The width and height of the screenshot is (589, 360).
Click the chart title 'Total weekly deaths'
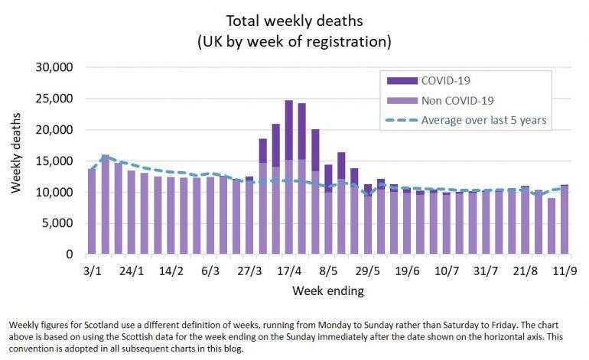pos(294,18)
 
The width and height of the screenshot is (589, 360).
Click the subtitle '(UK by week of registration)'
pos(294,38)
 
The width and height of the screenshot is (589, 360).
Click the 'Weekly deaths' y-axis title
pos(16,161)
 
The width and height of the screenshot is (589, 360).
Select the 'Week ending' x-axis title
pos(326,291)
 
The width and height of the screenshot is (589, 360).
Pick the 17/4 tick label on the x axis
pos(289,271)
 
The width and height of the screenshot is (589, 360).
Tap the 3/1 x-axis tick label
pos(92,271)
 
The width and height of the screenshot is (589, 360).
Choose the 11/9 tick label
pos(564,271)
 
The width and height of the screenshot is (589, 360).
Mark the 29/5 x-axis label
pos(368,271)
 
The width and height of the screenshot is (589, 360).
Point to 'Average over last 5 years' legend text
pos(484,121)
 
